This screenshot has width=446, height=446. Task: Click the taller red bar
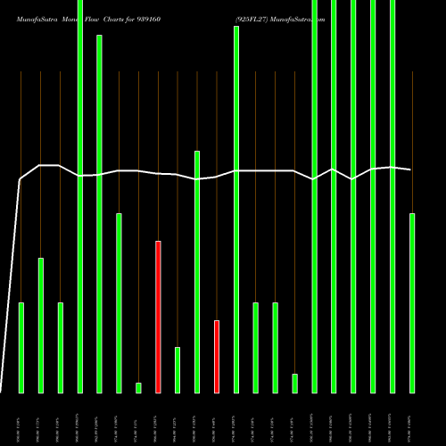pyautogui.click(x=158, y=317)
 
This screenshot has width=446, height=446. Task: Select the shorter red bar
pyautogui.click(x=217, y=357)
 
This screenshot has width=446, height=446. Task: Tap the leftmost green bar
pyautogui.click(x=21, y=348)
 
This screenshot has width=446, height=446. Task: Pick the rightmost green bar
pyautogui.click(x=412, y=303)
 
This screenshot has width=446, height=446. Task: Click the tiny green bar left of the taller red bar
pyautogui.click(x=138, y=387)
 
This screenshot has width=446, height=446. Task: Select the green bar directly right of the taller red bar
pyautogui.click(x=178, y=370)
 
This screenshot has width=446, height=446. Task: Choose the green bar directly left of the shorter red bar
pyautogui.click(x=197, y=272)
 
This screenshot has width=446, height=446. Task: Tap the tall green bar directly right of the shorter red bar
pyautogui.click(x=236, y=210)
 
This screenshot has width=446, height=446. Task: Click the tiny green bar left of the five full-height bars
pyautogui.click(x=295, y=383)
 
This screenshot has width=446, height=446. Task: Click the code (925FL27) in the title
pyautogui.click(x=255, y=18)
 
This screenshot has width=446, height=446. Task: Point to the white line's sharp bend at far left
pyautogui.click(x=21, y=180)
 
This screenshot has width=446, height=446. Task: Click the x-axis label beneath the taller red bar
pyautogui.click(x=158, y=417)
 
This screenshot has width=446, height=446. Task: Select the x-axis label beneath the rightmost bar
pyautogui.click(x=412, y=417)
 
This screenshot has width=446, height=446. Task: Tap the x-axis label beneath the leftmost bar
pyautogui.click(x=21, y=417)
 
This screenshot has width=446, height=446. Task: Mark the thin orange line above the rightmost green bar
pyautogui.click(x=412, y=143)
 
